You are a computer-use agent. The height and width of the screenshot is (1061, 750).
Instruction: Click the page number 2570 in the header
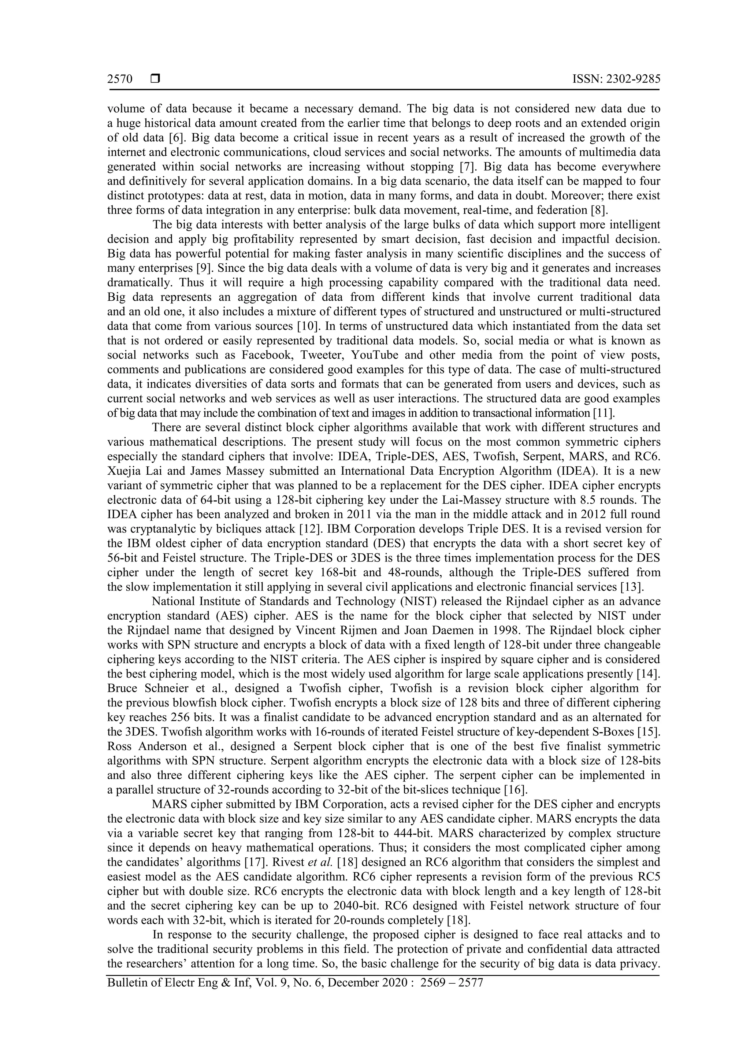click(120, 79)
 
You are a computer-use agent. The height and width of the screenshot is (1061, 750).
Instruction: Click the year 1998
click(570, 630)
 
